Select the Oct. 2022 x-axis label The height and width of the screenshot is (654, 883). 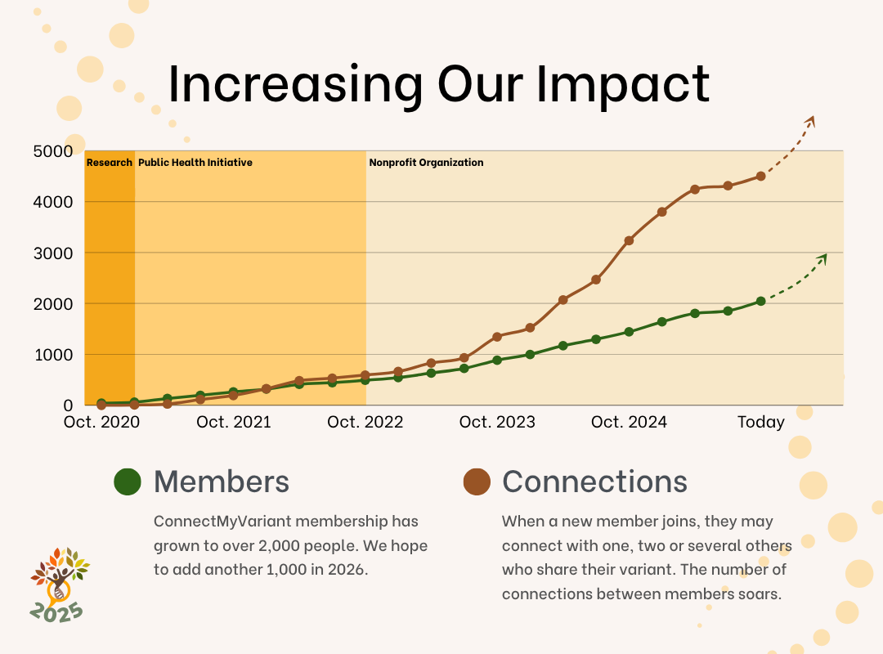(x=365, y=422)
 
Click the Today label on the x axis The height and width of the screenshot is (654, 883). (x=760, y=422)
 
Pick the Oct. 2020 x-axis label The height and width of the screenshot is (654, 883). (x=102, y=422)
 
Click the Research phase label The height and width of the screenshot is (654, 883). (x=110, y=163)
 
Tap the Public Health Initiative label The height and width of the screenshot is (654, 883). (x=195, y=163)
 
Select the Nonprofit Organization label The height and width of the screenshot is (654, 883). (x=426, y=163)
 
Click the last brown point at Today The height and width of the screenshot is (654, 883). (x=760, y=176)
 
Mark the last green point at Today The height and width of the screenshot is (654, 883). (x=760, y=301)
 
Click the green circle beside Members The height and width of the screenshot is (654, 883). (x=128, y=482)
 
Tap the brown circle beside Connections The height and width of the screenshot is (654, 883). (x=476, y=482)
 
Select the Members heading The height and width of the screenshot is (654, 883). (x=222, y=482)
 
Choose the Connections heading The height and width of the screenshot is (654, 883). (x=594, y=482)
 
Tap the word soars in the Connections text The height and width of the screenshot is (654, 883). (x=760, y=594)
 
